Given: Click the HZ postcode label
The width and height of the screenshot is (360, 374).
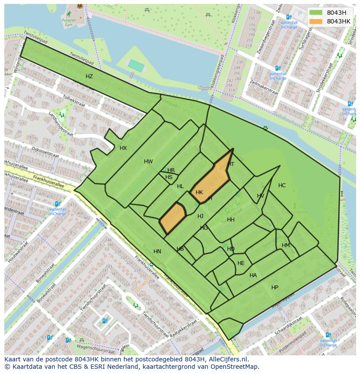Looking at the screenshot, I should pyautogui.click(x=89, y=76).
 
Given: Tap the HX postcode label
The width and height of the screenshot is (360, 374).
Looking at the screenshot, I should pyautogui.click(x=123, y=148).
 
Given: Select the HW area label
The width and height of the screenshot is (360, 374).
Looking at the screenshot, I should pyautogui.click(x=148, y=162).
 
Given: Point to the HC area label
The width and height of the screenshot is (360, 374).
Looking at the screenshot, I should pyautogui.click(x=282, y=185).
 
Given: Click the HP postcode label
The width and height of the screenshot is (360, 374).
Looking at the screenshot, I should pyautogui.click(x=275, y=288).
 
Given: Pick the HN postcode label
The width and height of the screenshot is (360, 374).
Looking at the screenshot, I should pyautogui.click(x=157, y=252).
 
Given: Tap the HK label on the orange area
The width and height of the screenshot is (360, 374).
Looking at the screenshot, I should pyautogui.click(x=199, y=192).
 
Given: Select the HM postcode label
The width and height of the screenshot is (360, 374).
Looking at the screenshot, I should pyautogui.click(x=286, y=245).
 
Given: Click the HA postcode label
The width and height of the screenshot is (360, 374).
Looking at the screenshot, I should pyautogui.click(x=253, y=275).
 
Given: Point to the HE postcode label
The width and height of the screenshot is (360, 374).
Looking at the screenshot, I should pyautogui.click(x=241, y=263).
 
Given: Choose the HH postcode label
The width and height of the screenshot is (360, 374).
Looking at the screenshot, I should pyautogui.click(x=230, y=220).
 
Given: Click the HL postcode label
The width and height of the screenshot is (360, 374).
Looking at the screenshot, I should pyautogui.click(x=180, y=186).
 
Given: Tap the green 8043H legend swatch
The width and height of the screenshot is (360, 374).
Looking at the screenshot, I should pyautogui.click(x=316, y=13).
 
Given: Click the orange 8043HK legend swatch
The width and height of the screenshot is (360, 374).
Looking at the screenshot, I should pyautogui.click(x=316, y=21).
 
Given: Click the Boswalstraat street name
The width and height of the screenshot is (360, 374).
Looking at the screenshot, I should pyautogui.click(x=45, y=278).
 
